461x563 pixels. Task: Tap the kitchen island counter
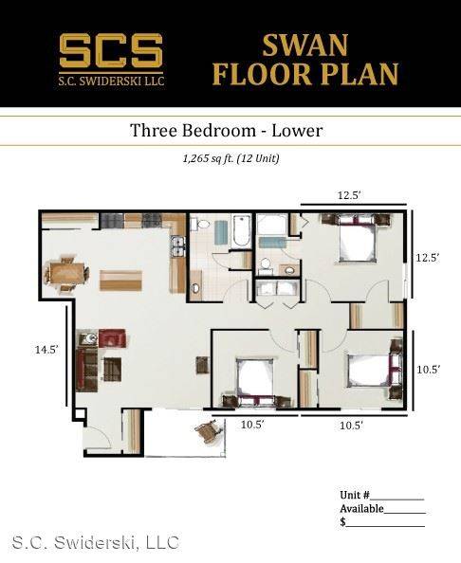coord(120,281)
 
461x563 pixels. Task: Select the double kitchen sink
coord(178,245)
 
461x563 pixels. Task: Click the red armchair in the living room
coord(112,338)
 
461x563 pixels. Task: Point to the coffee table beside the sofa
coord(113,369)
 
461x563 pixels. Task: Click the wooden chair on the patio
coord(208,432)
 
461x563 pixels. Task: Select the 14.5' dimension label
coord(46,350)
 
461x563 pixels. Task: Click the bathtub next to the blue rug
coord(241,231)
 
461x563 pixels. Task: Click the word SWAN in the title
coord(305,45)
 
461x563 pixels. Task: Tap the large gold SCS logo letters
coord(111,50)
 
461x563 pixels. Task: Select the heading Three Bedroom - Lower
coord(226,131)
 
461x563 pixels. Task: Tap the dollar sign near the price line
coord(342,522)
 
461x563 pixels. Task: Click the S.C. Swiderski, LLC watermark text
coord(96,542)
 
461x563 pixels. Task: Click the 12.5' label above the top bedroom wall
coord(349,195)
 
